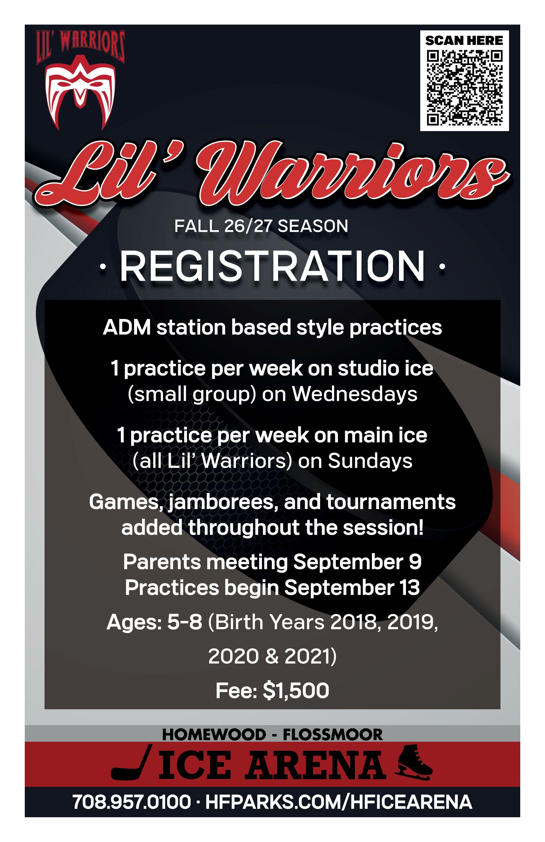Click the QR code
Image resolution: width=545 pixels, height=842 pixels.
pos(464,88)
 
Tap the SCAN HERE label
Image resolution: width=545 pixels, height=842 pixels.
pos(464,41)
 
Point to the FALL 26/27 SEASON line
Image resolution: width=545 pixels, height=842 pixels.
pos(261,226)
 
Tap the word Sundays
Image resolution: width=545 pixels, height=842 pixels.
pos(370,461)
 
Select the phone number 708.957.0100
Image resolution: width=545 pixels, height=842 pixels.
pos(132,801)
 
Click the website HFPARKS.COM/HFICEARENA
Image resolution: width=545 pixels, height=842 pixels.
pos(339,801)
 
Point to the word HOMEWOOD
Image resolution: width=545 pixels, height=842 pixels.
pos(214,735)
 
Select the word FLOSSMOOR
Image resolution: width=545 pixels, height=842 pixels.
pos(333,735)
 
